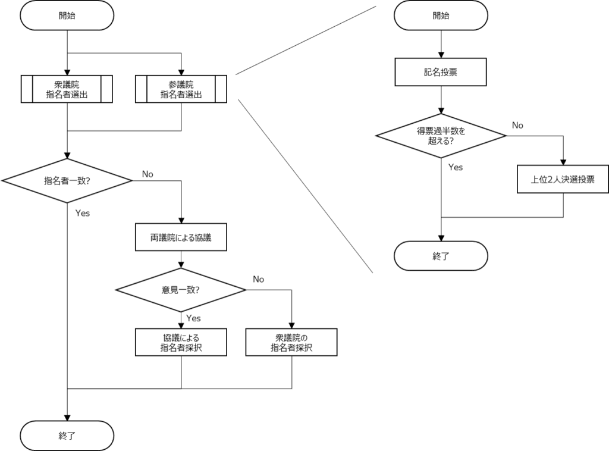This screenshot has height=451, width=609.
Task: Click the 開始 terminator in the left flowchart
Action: tap(67, 15)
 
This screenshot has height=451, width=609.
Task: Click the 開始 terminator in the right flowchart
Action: tap(441, 15)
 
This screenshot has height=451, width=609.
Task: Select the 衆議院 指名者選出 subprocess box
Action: tap(67, 89)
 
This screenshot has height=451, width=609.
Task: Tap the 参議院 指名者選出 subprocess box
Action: tap(181, 89)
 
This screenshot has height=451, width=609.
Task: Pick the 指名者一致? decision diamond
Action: tap(67, 181)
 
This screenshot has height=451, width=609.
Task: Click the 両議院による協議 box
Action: tap(181, 237)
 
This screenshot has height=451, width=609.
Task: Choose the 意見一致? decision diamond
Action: tap(181, 290)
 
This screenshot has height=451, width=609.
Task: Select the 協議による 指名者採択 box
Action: tap(181, 342)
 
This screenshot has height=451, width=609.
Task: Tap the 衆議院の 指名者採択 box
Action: tap(291, 342)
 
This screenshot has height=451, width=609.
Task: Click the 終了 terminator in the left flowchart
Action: tap(67, 436)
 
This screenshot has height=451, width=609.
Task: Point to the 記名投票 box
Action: tap(441, 72)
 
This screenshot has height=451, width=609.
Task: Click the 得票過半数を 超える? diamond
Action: tap(441, 136)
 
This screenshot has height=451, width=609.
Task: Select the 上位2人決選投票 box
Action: tap(563, 179)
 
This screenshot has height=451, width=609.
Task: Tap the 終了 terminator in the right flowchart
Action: tap(441, 256)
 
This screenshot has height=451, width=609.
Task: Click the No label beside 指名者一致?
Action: tap(147, 174)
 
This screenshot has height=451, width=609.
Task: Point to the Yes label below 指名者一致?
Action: tap(82, 213)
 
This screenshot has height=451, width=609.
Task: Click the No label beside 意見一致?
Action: tap(258, 279)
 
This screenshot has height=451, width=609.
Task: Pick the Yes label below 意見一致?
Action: tap(193, 318)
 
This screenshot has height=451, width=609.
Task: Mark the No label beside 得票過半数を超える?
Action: tap(517, 125)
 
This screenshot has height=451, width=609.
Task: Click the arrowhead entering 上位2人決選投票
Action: tap(563, 162)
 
